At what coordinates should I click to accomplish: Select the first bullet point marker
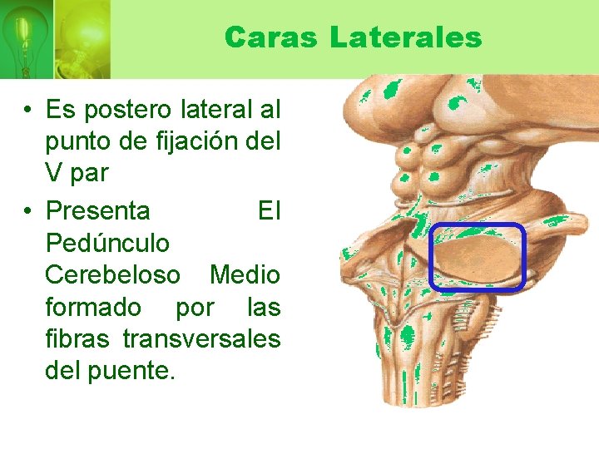pos(28,110)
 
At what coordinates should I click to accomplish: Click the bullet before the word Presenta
pos(28,211)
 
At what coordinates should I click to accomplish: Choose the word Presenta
pos(97,211)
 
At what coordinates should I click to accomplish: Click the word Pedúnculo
pos(107,244)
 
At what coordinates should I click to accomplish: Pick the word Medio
pos(245,274)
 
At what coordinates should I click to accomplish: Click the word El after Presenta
pos(269,211)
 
